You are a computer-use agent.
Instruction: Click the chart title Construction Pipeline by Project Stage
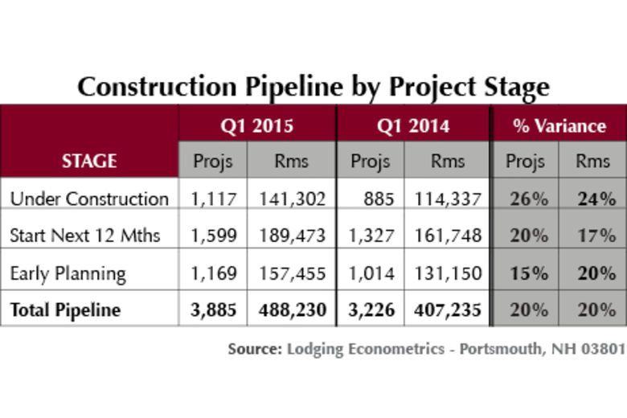313,86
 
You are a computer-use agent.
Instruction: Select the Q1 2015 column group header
256,125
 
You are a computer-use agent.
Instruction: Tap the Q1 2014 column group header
413,125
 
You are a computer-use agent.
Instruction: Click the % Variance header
559,125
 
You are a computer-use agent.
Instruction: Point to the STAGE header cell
89,161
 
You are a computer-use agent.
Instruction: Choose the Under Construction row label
89,199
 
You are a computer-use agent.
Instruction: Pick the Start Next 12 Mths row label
85,236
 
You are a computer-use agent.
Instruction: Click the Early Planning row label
68,273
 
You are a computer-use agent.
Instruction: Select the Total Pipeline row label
65,309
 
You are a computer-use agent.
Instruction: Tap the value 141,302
291,199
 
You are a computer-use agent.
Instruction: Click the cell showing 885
377,199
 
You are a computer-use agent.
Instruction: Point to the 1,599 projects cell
213,236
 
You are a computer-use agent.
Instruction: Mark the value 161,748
448,236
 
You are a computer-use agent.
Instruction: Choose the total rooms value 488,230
291,309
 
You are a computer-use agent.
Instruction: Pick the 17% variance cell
595,236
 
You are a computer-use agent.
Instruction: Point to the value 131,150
448,273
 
